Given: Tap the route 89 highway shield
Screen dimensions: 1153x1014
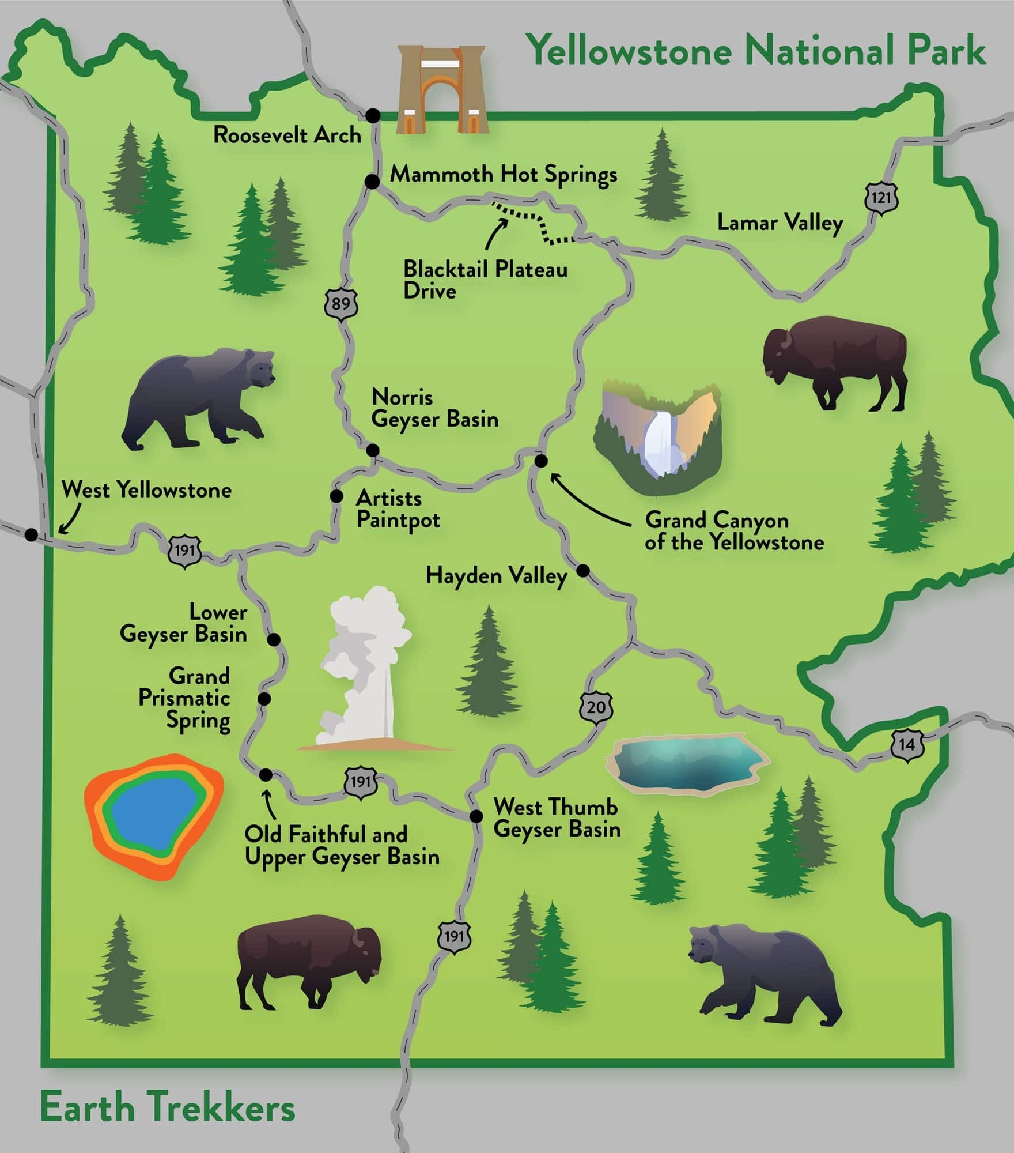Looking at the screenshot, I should [340, 302].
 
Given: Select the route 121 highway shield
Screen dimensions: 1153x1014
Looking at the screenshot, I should [881, 198].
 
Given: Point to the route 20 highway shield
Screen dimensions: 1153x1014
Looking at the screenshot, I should [596, 706].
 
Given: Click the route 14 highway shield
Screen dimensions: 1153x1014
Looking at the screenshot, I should [907, 744].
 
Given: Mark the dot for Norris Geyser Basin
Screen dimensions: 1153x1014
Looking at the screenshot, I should [373, 450].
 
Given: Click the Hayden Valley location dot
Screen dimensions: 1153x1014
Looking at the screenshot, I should [583, 571].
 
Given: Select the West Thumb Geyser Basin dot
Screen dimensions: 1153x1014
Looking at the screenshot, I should [476, 816].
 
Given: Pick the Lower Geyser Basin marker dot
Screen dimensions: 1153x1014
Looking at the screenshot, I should [274, 639].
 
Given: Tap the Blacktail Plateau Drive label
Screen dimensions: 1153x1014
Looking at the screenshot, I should [485, 280].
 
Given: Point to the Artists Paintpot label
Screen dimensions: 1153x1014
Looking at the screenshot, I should [398, 509].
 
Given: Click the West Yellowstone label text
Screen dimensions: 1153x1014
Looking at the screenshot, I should [146, 490].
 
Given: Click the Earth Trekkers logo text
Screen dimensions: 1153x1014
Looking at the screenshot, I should [167, 1109].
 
